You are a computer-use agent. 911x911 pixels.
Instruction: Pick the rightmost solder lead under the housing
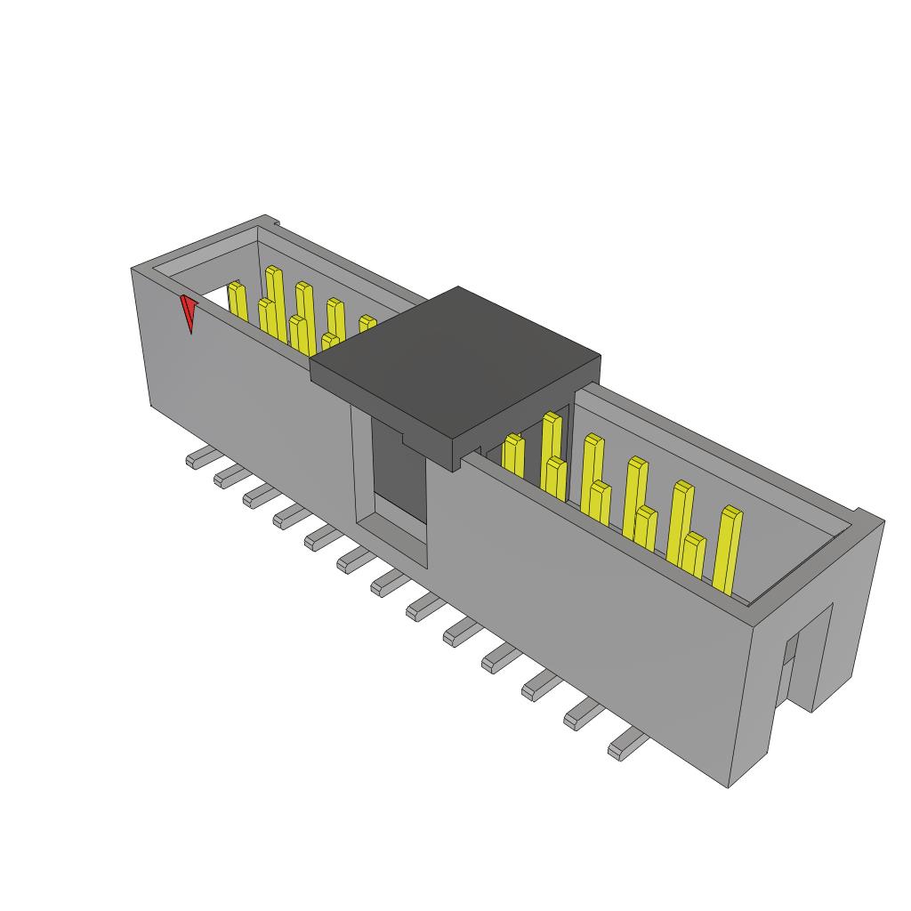coord(625,744)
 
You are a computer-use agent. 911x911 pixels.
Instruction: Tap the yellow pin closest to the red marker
coord(237,301)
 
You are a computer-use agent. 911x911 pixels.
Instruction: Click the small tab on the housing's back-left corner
coord(275,222)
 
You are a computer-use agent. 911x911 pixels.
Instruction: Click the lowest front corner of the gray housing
coord(730,786)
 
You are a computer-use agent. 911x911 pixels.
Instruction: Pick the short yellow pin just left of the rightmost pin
coord(693,556)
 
